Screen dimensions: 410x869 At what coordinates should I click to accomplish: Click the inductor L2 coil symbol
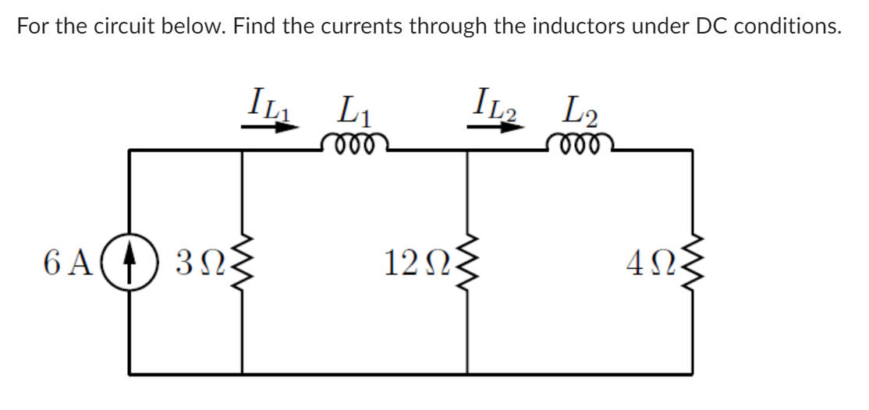[x=579, y=143]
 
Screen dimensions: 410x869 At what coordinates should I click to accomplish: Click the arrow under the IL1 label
[x=270, y=125]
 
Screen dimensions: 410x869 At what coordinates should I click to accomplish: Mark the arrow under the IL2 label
[x=495, y=125]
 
